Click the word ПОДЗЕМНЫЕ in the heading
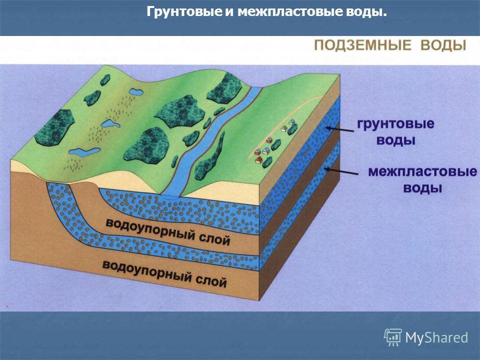point(363,45)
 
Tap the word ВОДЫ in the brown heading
point(443,45)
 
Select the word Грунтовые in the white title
point(183,12)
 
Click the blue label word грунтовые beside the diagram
point(395,123)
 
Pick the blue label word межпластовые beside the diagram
point(422,171)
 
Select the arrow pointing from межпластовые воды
point(341,171)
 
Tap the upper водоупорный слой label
point(168,231)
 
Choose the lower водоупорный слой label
point(164,274)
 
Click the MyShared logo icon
point(393,337)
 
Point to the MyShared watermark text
point(436,338)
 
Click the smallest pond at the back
point(136,91)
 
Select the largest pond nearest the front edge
point(84,152)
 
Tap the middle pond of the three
point(110,123)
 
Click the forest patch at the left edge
point(54,127)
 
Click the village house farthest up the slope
point(291,122)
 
